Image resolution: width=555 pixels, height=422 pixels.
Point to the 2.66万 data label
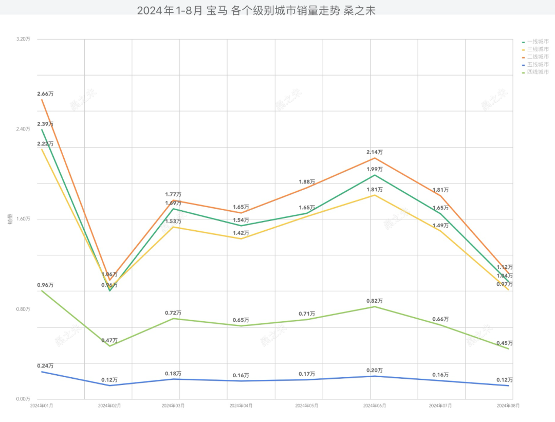click(x=45, y=94)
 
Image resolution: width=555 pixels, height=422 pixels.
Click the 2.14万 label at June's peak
click(x=374, y=152)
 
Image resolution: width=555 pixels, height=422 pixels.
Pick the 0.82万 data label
click(x=374, y=301)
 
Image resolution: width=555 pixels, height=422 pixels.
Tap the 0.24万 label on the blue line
click(x=45, y=365)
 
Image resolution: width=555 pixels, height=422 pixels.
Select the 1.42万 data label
click(x=240, y=233)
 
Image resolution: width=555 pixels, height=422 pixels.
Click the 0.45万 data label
click(x=505, y=343)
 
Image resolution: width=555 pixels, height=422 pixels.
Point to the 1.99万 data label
click(x=374, y=169)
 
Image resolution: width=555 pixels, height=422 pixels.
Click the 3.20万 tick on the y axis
click(x=23, y=39)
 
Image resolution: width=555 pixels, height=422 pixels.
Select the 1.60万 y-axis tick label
click(x=23, y=219)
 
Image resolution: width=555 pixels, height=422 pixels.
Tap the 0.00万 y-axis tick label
click(x=23, y=399)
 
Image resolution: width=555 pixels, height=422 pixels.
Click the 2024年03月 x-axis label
click(x=173, y=406)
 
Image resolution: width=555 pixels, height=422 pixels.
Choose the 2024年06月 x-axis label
click(x=374, y=406)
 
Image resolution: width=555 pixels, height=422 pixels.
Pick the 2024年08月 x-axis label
click(x=508, y=406)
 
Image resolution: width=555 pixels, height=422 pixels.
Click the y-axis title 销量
click(x=9, y=219)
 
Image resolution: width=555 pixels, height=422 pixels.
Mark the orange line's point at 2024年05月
click(x=307, y=188)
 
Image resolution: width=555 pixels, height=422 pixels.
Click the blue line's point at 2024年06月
click(x=374, y=376)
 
